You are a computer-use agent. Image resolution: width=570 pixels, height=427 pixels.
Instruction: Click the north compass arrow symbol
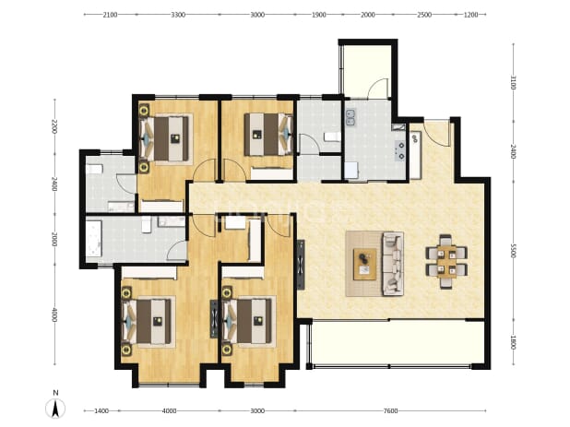55,409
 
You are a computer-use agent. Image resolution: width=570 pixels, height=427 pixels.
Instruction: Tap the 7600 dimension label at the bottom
390,411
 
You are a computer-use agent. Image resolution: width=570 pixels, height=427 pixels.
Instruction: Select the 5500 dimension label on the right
513,251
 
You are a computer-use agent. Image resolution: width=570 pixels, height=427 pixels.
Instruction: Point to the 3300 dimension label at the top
178,15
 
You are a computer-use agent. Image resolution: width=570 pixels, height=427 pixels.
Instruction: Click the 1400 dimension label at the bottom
101,411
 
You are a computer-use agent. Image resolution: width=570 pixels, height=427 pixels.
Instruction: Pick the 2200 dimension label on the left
54,126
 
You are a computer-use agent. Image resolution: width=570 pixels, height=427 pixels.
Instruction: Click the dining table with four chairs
446,261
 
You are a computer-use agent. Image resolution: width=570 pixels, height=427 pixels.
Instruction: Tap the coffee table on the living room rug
365,264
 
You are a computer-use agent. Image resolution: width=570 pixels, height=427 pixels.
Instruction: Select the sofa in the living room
393,264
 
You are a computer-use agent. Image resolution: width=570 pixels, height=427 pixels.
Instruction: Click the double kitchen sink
350,117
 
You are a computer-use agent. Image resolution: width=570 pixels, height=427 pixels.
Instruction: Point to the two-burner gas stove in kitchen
400,150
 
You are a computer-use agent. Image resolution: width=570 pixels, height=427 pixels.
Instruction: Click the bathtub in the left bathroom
94,238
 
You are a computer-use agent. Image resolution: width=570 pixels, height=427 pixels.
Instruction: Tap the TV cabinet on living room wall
301,265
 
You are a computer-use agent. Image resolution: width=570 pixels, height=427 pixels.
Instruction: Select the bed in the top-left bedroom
166,138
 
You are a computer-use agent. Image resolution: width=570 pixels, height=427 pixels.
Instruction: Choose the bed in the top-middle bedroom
268,135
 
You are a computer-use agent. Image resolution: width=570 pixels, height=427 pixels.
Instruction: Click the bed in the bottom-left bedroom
148,321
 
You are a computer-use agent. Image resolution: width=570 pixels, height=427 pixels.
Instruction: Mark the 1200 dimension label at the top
471,15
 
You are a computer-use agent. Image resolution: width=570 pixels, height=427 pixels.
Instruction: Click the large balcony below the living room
398,342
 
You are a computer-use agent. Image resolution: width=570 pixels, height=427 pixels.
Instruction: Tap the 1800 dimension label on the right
513,342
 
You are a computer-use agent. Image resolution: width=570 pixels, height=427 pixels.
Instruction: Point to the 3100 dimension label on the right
513,82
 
